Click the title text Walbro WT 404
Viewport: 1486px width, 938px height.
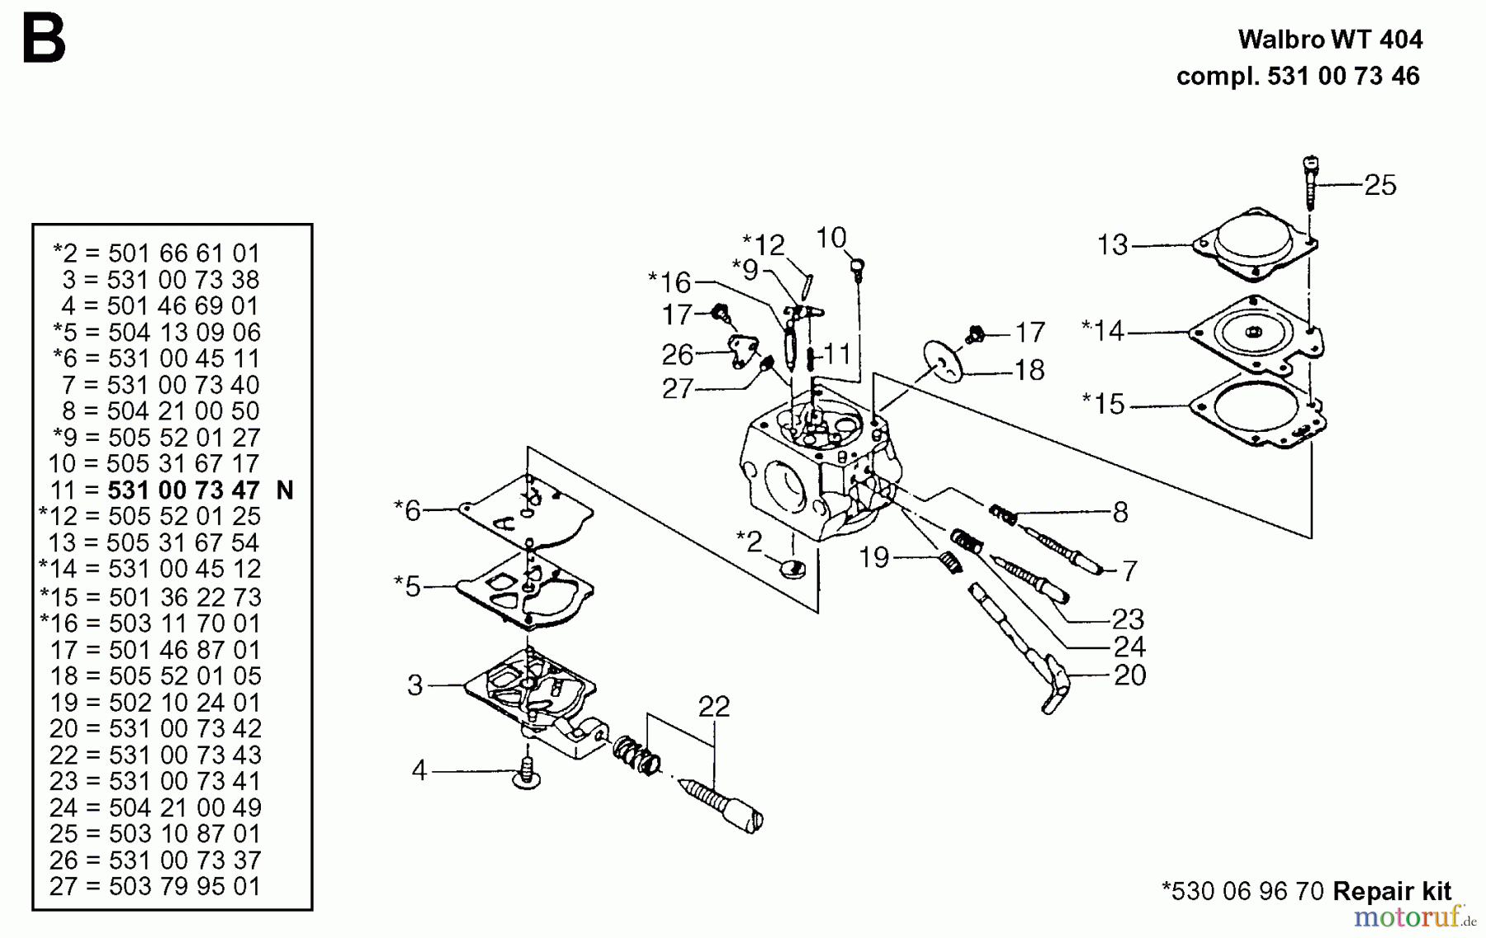point(1330,40)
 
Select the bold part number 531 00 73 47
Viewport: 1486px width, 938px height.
point(183,490)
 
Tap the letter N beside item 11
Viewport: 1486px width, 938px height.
point(285,490)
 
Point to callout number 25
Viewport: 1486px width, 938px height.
point(1380,185)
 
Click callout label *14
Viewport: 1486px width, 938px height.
point(1103,331)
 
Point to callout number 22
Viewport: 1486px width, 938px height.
point(713,707)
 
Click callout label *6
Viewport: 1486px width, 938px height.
point(408,510)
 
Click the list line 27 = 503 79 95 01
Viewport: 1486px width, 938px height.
point(155,887)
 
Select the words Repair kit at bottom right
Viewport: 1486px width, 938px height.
point(1392,891)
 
